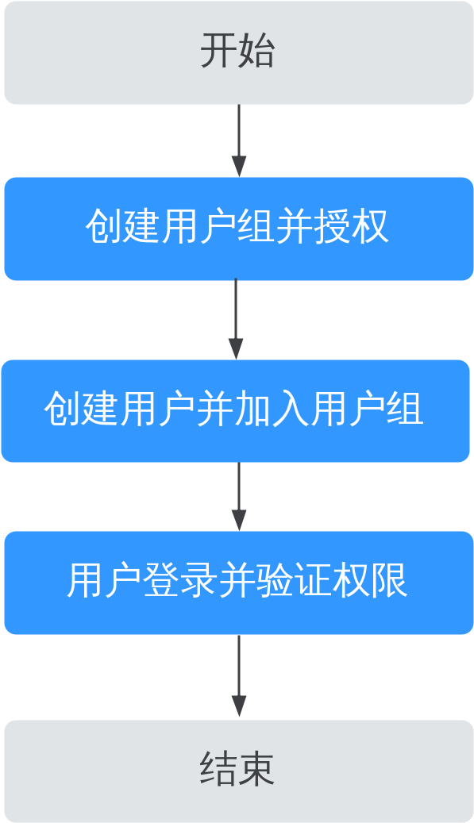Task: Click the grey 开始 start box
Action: (239, 52)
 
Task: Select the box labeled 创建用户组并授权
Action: (239, 229)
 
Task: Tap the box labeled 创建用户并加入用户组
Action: (235, 411)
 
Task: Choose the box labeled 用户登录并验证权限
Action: (239, 583)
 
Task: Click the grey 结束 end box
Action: (239, 771)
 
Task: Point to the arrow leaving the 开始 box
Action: (239, 140)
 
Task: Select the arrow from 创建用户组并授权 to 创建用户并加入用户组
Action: (236, 319)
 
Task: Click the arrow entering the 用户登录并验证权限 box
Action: (239, 497)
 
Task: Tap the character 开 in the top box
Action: (218, 51)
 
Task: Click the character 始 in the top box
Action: (256, 51)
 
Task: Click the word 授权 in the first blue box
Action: (352, 227)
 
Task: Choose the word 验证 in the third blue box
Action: (295, 581)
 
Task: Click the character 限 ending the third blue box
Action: (390, 581)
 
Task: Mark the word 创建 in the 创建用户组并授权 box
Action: (123, 227)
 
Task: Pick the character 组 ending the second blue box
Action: (405, 409)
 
